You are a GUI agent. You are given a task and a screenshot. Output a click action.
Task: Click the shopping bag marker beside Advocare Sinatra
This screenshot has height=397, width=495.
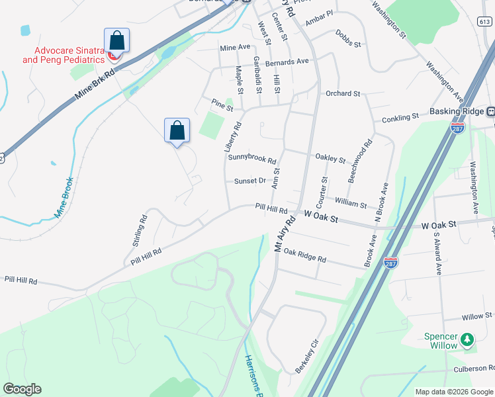pyautogui.click(x=116, y=40)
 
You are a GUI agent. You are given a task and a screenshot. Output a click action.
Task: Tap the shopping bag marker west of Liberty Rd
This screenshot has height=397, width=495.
pyautogui.click(x=177, y=130)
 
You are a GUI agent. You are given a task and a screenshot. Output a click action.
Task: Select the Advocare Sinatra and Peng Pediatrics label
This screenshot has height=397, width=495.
pyautogui.click(x=64, y=55)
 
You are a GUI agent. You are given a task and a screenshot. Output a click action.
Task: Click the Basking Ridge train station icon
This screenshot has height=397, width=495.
pyautogui.click(x=490, y=111)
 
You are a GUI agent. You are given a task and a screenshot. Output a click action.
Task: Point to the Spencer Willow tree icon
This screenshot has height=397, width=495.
pyautogui.click(x=467, y=339)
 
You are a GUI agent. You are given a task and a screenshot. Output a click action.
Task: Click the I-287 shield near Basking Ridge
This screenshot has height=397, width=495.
pyautogui.click(x=457, y=127)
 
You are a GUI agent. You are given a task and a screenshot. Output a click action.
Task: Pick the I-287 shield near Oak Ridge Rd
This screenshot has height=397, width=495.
pyautogui.click(x=390, y=262)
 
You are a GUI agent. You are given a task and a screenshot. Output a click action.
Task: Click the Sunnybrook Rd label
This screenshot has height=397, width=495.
pyautogui.click(x=251, y=157)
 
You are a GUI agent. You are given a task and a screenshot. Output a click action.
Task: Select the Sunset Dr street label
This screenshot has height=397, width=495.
pyautogui.click(x=249, y=181)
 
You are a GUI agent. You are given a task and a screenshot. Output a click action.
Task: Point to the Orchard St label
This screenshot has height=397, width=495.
pyautogui.click(x=342, y=94)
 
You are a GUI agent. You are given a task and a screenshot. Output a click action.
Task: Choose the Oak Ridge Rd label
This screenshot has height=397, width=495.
pyautogui.click(x=304, y=255)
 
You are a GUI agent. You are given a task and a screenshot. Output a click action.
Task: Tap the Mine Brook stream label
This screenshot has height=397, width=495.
pyautogui.click(x=64, y=197)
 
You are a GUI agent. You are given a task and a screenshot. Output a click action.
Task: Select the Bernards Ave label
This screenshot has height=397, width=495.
pyautogui.click(x=287, y=62)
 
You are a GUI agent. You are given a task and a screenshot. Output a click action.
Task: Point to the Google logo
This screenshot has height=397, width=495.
pyautogui.click(x=22, y=389)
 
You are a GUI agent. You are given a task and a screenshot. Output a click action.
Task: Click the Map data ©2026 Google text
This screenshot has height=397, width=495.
pyautogui.click(x=454, y=392)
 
